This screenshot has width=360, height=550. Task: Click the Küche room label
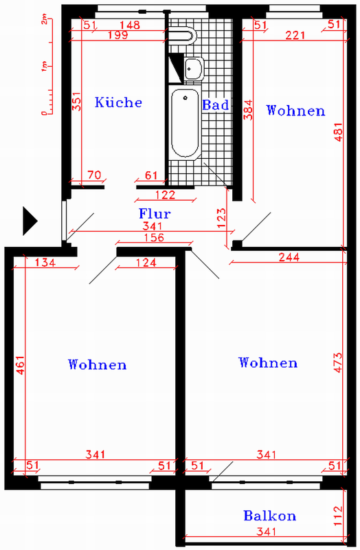click(118, 102)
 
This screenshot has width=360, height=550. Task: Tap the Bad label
click(216, 105)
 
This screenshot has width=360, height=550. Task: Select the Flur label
click(155, 214)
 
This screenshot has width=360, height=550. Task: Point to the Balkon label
click(269, 516)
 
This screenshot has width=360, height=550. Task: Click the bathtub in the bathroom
click(185, 124)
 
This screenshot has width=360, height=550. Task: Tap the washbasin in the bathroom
click(193, 68)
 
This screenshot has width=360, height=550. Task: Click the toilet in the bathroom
click(182, 36)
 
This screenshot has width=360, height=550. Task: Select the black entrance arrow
click(30, 221)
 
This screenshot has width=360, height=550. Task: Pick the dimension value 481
click(338, 132)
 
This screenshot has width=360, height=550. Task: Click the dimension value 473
click(338, 362)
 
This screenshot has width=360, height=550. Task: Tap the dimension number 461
click(21, 365)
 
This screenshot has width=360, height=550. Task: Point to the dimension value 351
click(76, 101)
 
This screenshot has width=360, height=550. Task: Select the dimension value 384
click(248, 110)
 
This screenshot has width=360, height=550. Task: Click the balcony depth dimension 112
click(337, 516)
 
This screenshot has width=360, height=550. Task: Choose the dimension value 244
click(289, 257)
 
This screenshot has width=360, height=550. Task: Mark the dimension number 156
click(154, 238)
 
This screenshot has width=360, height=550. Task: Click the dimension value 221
click(295, 35)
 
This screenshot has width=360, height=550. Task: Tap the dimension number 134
click(45, 263)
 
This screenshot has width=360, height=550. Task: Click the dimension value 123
click(222, 218)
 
